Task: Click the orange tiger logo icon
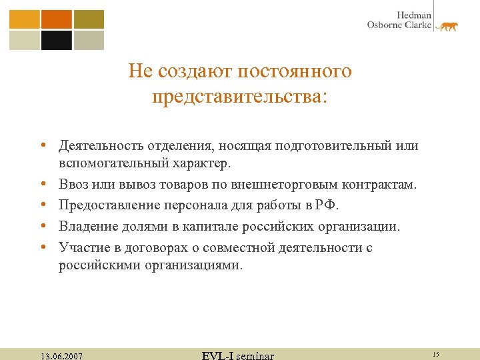446,26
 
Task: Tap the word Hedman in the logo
414,15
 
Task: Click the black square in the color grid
56,40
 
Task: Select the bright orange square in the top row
56,19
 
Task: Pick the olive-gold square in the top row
89,19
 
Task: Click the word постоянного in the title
294,71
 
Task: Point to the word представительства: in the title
240,97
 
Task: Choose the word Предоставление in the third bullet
105,205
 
